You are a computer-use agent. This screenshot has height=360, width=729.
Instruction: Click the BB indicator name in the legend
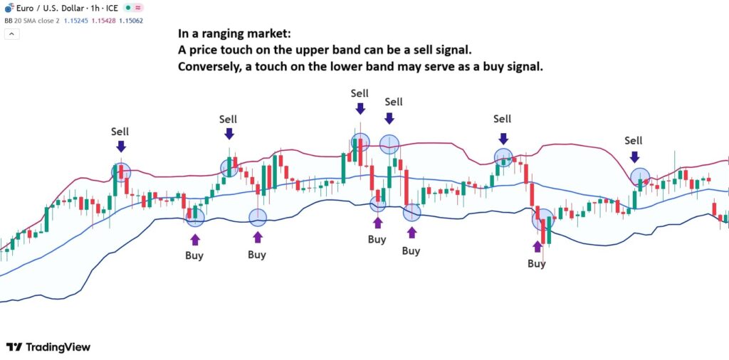coord(8,20)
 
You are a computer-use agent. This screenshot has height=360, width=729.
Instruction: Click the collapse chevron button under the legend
coord(9,33)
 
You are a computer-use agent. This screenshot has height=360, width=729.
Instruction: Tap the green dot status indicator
coord(127,7)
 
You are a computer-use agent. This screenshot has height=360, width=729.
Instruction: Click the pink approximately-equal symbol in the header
coord(139,7)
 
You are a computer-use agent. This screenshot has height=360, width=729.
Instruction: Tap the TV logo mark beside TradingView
coord(14,347)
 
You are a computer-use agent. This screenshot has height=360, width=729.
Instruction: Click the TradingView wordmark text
coord(58,347)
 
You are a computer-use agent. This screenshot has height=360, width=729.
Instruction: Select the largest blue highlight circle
coord(542,219)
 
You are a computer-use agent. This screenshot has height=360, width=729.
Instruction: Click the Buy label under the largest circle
coord(536,263)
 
